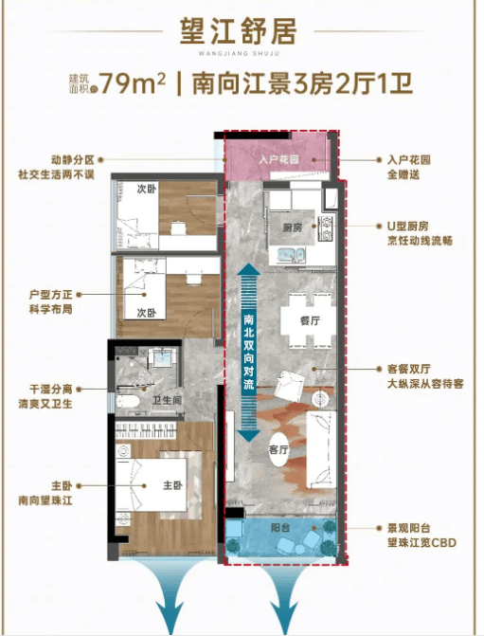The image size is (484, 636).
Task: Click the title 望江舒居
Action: [239, 31]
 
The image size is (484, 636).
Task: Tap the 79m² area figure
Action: [133, 83]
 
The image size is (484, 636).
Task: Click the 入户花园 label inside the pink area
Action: [279, 159]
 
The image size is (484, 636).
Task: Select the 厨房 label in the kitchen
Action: [293, 227]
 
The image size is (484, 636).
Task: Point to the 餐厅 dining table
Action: [310, 320]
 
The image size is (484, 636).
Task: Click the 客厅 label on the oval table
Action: [278, 449]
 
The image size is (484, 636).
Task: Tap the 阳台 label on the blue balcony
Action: [280, 528]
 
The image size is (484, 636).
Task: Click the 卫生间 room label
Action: [167, 400]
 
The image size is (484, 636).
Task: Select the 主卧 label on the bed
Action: [172, 485]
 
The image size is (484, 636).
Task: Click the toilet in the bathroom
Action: [128, 402]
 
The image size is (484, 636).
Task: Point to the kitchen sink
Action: [291, 255]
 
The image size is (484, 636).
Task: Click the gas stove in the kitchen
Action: [326, 227]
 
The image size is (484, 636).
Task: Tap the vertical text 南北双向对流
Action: [249, 352]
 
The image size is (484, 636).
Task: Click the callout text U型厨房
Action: [408, 227]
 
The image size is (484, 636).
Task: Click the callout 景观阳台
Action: [408, 528]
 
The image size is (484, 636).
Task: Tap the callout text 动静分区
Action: [73, 160]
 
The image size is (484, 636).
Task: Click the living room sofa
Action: [321, 449]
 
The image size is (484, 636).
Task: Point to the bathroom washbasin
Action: [163, 357]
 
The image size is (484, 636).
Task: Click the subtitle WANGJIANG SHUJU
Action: [240, 53]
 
